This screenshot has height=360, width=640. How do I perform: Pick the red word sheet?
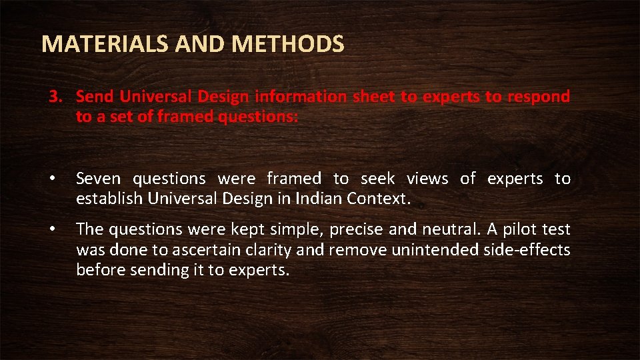374,97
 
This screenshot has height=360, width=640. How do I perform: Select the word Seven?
99,179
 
